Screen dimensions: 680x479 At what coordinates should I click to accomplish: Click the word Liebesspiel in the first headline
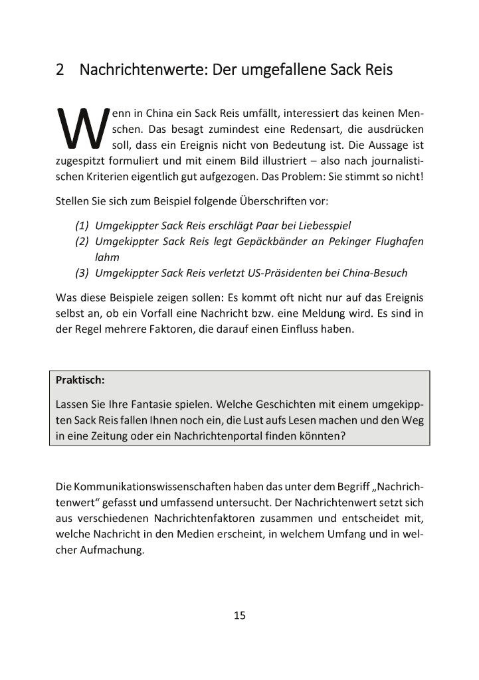(321, 225)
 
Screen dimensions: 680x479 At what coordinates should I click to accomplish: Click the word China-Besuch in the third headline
(377, 273)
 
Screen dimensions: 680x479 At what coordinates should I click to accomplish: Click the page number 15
(240, 615)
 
